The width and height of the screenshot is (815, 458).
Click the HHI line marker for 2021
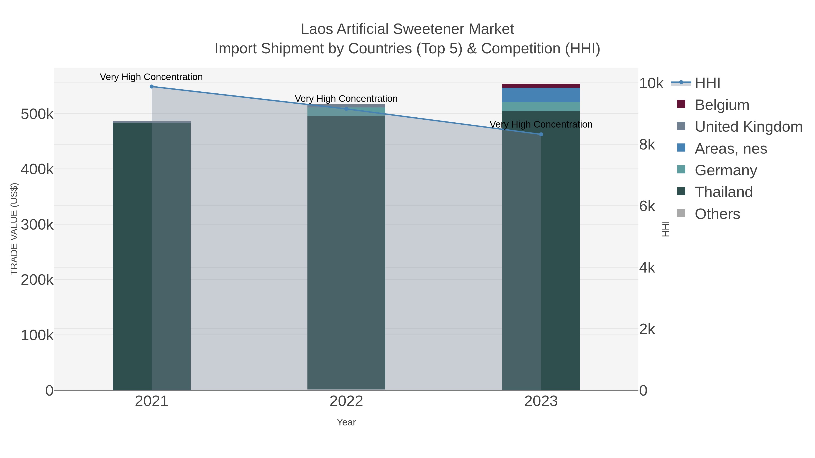(x=151, y=87)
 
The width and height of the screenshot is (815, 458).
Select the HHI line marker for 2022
(x=346, y=109)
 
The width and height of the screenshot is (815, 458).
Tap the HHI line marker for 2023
(x=541, y=134)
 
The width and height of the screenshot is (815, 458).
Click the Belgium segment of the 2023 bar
(x=541, y=86)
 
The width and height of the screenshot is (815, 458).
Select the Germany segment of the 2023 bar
(x=541, y=107)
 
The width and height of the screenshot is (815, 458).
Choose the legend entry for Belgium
(x=722, y=105)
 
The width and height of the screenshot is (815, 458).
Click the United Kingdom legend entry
(x=748, y=127)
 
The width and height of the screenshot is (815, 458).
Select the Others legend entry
(x=717, y=214)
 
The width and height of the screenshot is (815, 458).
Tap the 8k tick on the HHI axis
(x=647, y=145)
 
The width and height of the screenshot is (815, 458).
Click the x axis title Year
(x=346, y=422)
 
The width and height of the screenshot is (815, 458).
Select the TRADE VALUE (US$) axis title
(x=14, y=229)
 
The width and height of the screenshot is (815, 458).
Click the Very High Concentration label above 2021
(x=151, y=77)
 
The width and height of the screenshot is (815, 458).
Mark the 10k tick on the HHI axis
(x=651, y=83)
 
